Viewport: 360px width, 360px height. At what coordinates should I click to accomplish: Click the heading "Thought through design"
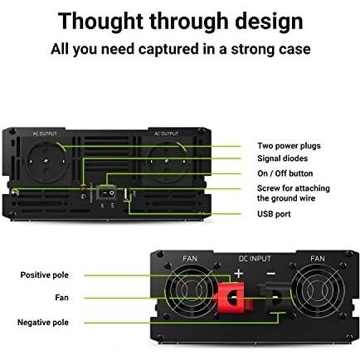tap(180, 22)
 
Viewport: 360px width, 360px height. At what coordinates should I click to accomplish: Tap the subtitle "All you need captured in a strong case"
tap(181, 49)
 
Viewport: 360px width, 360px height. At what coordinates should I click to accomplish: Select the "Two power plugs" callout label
tap(289, 146)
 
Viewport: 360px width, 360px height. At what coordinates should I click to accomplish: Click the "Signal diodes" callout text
tap(282, 158)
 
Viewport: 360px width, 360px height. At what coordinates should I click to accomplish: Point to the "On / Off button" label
tap(285, 173)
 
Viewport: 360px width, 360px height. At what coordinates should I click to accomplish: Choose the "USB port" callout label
tap(274, 214)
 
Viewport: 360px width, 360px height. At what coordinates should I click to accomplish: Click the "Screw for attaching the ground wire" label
tap(294, 193)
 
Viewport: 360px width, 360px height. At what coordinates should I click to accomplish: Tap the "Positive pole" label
tap(45, 275)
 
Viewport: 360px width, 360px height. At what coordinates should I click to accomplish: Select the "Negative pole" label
tap(43, 323)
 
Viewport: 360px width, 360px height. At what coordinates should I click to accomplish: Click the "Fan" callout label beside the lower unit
tap(61, 298)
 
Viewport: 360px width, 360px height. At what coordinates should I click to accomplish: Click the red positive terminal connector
tap(232, 297)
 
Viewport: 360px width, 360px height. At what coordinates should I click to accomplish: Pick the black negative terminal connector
tap(275, 298)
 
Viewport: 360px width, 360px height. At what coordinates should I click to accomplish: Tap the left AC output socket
tap(46, 162)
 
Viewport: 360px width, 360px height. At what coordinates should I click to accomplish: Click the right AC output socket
tap(168, 162)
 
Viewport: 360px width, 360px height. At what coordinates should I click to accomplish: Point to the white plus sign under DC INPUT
tap(239, 274)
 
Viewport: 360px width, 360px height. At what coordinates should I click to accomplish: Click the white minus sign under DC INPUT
tap(271, 274)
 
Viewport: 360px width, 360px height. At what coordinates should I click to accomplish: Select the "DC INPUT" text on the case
tap(255, 259)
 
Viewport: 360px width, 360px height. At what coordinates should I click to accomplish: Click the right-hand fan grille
tap(318, 291)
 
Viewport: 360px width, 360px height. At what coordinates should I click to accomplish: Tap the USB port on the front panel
tap(125, 193)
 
